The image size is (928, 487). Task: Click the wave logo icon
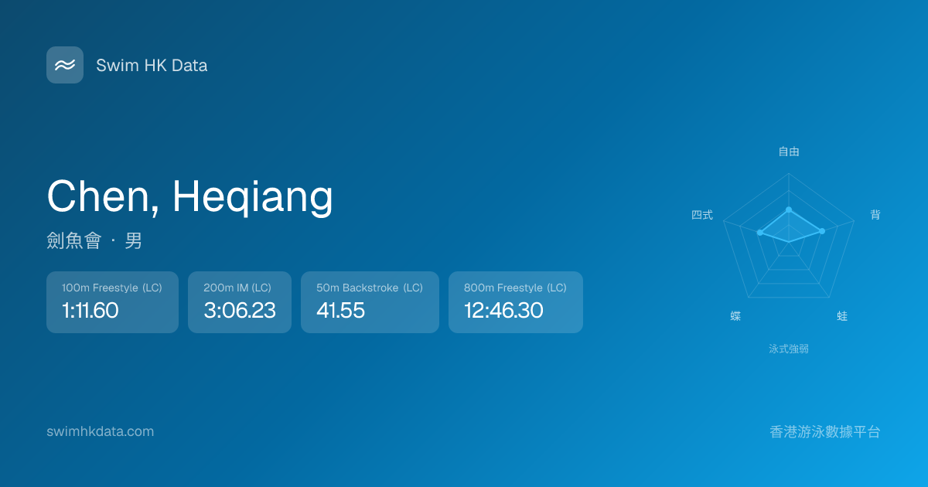(65, 65)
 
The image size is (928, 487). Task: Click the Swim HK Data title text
(152, 66)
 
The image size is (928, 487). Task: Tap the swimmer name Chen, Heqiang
(189, 197)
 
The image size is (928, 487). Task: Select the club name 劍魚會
(73, 240)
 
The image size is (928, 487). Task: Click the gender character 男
(133, 240)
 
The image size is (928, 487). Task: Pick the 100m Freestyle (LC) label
(112, 288)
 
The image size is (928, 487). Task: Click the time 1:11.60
(90, 310)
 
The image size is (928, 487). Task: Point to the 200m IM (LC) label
(237, 288)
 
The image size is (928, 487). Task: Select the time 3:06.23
(240, 310)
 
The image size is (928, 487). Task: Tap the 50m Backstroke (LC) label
(370, 288)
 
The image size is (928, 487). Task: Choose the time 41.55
(340, 310)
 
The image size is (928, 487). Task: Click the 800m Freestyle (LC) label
(515, 288)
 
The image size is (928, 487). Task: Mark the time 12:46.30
(503, 310)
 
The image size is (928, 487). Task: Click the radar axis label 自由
(789, 152)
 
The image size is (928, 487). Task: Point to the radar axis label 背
(875, 215)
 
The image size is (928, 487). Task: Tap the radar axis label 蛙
(842, 316)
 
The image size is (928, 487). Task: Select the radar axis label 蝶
(735, 316)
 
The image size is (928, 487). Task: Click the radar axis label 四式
(702, 215)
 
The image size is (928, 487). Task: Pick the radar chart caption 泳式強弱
(789, 349)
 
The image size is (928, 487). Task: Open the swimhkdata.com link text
(101, 431)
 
